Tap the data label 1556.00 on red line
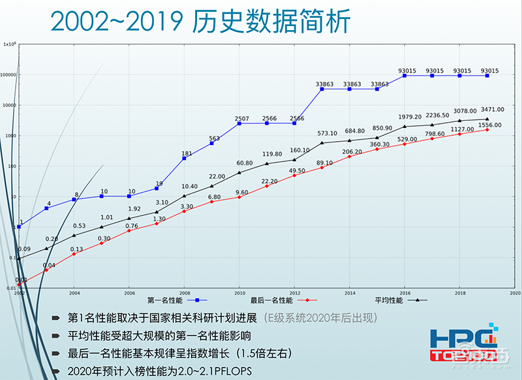(x=489, y=125)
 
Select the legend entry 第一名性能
(x=164, y=300)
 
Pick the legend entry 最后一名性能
(x=271, y=300)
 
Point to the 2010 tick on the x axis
(x=240, y=294)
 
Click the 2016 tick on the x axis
(x=405, y=294)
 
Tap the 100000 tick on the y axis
(x=8, y=75)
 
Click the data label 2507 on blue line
(x=242, y=118)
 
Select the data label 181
(x=187, y=153)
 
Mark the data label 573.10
(x=326, y=133)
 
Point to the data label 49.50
(x=298, y=170)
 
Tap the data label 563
(x=214, y=138)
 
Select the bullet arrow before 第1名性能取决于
(x=59, y=319)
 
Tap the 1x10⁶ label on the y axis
(x=9, y=44)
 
